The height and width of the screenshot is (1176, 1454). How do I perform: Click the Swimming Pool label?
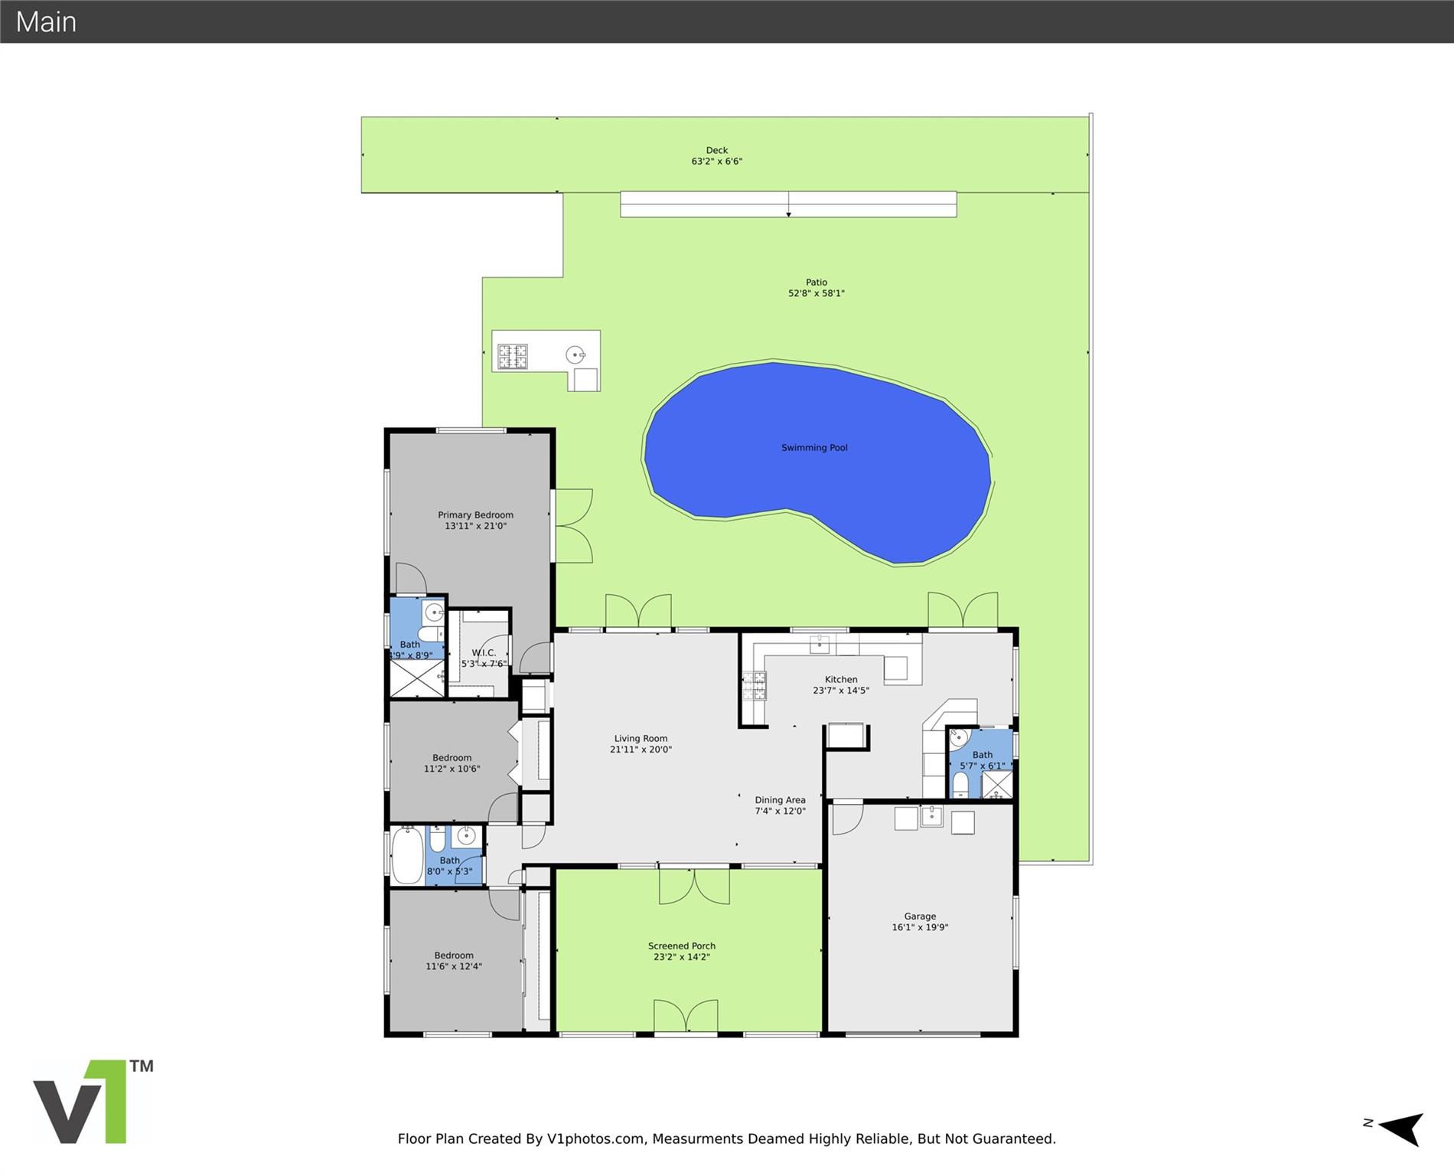point(814,448)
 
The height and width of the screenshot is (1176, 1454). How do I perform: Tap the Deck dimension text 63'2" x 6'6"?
point(717,162)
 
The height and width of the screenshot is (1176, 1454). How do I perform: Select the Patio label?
point(817,283)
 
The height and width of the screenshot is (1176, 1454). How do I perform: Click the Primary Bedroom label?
point(475,515)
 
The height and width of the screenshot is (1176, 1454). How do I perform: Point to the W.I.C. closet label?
point(484,653)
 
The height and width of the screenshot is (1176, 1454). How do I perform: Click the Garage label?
point(920,916)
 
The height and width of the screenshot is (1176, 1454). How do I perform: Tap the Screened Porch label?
point(682,946)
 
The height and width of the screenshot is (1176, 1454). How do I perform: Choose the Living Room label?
point(641,739)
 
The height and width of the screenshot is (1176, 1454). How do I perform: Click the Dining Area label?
point(780,800)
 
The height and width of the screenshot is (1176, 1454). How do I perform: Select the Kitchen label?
point(841,680)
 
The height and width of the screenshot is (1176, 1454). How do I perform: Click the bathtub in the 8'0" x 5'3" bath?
point(407,855)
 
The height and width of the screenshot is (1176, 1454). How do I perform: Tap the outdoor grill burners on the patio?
point(513,357)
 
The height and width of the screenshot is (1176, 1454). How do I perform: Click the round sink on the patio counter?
point(575,354)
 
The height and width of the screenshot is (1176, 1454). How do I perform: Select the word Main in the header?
point(46,21)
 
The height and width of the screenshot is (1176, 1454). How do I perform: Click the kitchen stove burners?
point(754,685)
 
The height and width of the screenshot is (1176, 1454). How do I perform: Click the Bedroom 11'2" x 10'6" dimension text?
point(452,769)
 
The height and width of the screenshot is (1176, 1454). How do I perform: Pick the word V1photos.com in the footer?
point(595,1138)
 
